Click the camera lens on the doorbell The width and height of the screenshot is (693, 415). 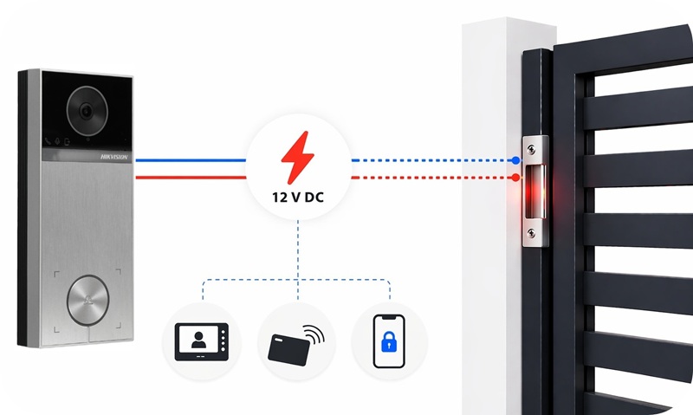pyautogui.click(x=87, y=111)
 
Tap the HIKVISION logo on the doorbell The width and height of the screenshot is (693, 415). pyautogui.click(x=114, y=157)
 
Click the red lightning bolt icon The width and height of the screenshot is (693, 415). pyautogui.click(x=298, y=158)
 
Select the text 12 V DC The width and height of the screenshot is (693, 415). pyautogui.click(x=298, y=198)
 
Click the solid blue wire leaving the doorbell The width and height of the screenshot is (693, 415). pyautogui.click(x=191, y=160)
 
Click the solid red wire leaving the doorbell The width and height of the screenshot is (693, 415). pyautogui.click(x=191, y=178)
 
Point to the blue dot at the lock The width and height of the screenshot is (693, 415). pyautogui.click(x=515, y=160)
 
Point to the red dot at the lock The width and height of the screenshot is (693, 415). pyautogui.click(x=515, y=178)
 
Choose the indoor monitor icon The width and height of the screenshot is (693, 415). pyautogui.click(x=202, y=341)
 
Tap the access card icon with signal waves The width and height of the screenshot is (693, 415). pyautogui.click(x=296, y=345)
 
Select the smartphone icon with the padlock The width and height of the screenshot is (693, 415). pyautogui.click(x=389, y=341)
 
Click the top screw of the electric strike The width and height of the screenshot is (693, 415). pyautogui.click(x=531, y=150)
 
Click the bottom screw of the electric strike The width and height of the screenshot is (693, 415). pyautogui.click(x=531, y=232)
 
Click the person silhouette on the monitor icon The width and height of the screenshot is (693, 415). pyautogui.click(x=199, y=340)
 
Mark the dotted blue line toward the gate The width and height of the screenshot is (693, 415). pyautogui.click(x=433, y=160)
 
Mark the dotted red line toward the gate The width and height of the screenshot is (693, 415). pyautogui.click(x=433, y=178)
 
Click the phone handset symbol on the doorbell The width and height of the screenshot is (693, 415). pyautogui.click(x=48, y=141)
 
